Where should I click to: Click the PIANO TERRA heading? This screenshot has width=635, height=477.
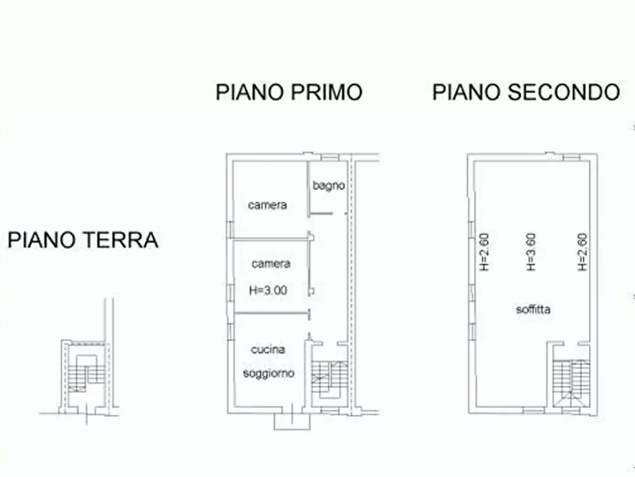click(82, 241)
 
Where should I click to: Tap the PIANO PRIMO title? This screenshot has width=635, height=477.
click(289, 93)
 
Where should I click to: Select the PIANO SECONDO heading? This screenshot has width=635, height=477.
click(526, 93)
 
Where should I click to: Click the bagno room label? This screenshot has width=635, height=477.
click(329, 186)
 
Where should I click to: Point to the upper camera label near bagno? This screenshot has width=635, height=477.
click(267, 205)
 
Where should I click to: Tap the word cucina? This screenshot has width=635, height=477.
click(268, 350)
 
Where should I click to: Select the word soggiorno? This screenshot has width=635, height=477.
click(268, 373)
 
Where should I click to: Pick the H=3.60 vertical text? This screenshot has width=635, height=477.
click(530, 253)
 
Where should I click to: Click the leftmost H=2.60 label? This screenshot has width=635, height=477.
click(485, 253)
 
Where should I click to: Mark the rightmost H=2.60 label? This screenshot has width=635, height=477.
click(582, 253)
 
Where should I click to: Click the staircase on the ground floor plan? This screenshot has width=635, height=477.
click(84, 374)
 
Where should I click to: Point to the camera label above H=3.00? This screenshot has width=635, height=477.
click(270, 263)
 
